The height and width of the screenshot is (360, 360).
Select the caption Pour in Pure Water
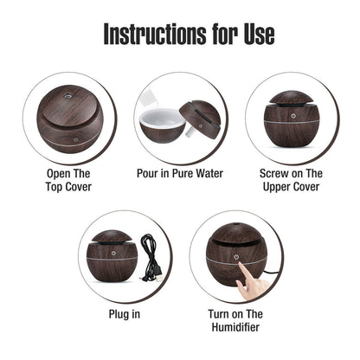click(x=179, y=173)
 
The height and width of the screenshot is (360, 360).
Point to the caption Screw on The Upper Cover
click(x=291, y=179)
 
